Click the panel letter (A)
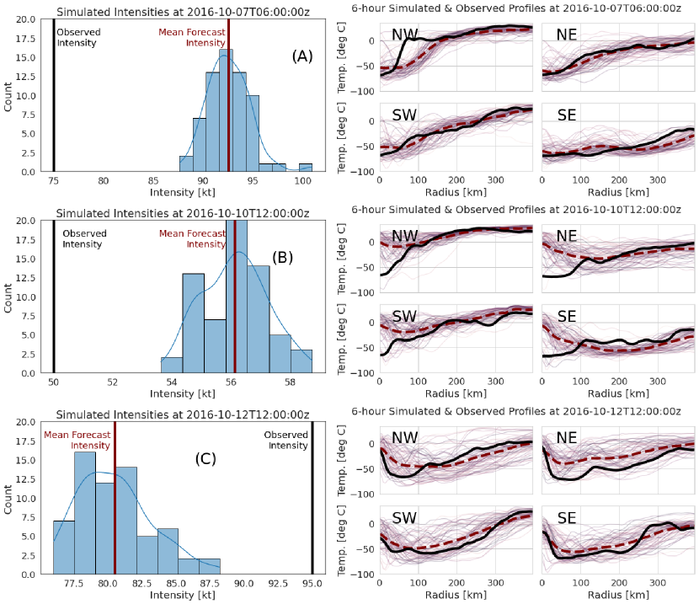point(302,56)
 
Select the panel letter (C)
point(205,459)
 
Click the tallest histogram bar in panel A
point(225,110)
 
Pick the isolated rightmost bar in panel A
point(305,167)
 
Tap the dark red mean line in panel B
point(235,303)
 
